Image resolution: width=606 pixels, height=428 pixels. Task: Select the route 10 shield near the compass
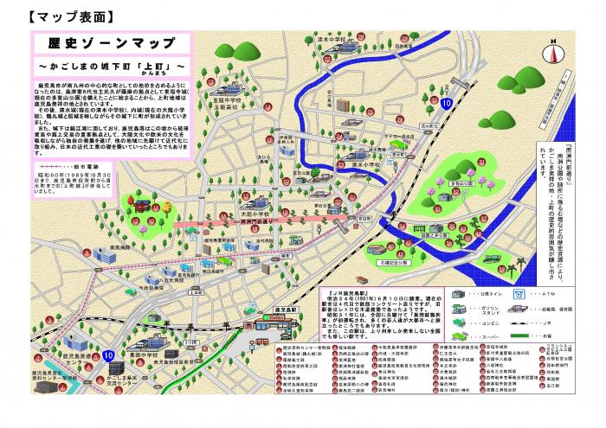[x=444, y=103]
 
